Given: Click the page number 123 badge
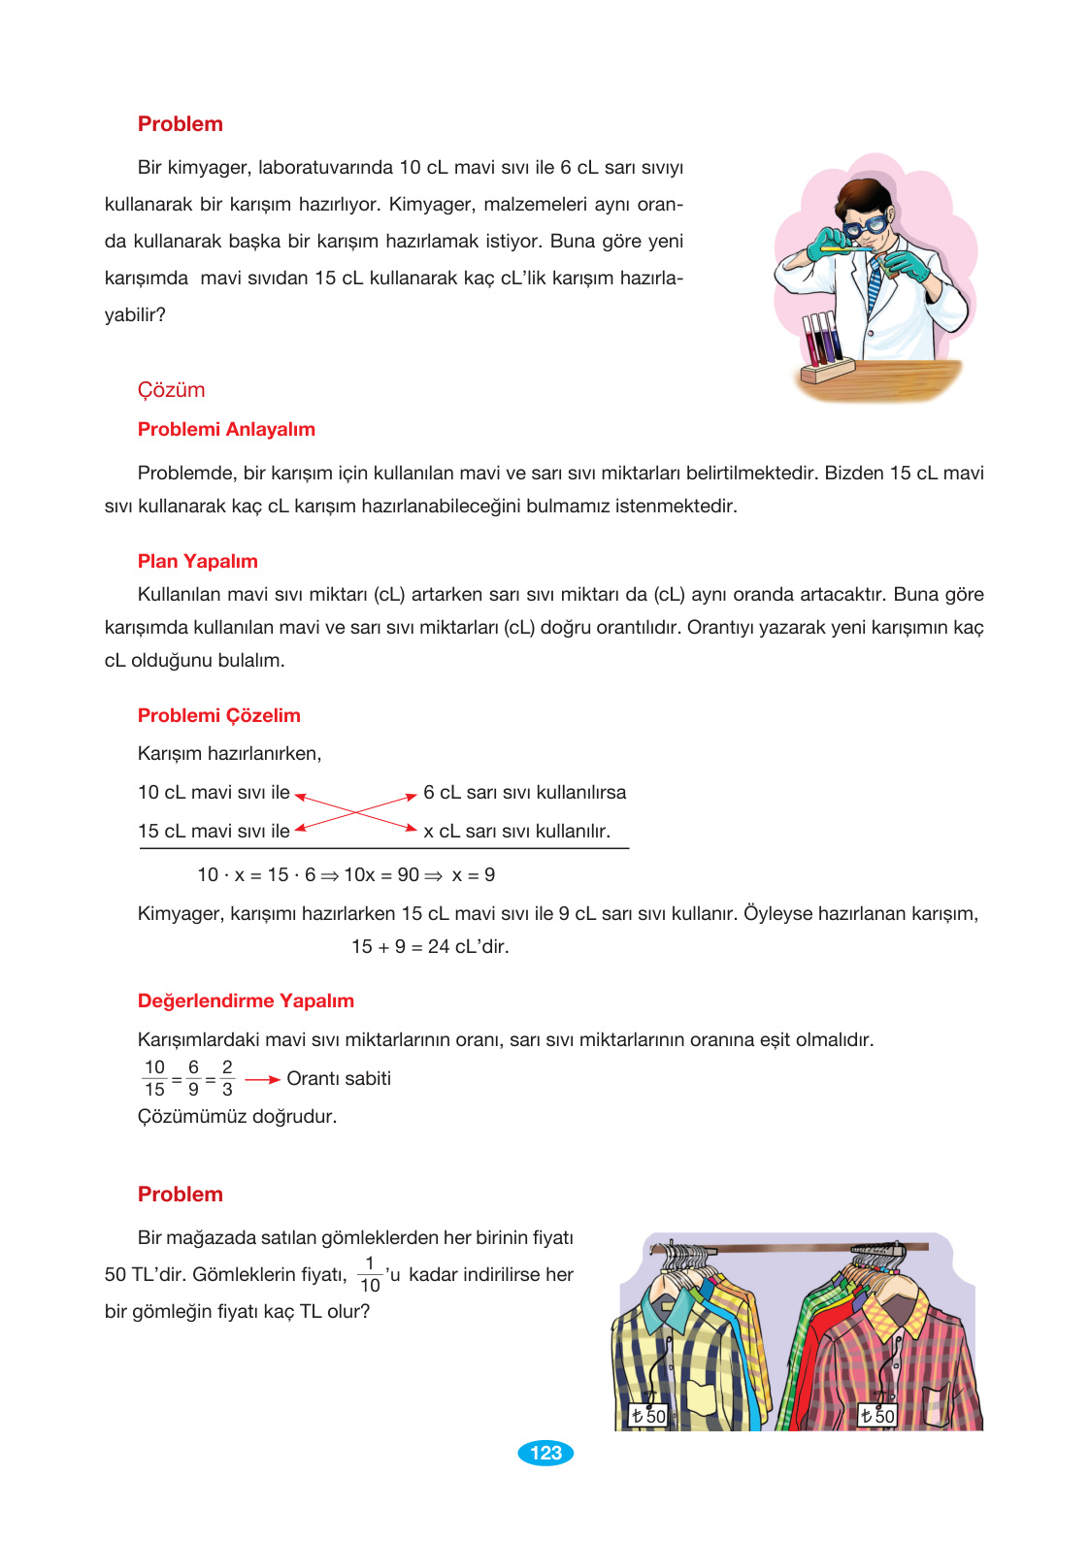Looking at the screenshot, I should pyautogui.click(x=545, y=1453).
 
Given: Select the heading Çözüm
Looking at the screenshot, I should pyautogui.click(x=171, y=390).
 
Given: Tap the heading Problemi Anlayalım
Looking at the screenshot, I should pyautogui.click(x=226, y=429).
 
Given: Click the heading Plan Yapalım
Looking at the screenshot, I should pyautogui.click(x=197, y=561).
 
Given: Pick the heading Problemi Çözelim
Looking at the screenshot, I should pyautogui.click(x=218, y=715).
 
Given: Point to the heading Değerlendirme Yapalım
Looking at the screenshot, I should pyautogui.click(x=246, y=1000).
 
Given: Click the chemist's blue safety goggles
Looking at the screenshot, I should pyautogui.click(x=864, y=226).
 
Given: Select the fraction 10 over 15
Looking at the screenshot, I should pyautogui.click(x=154, y=1078).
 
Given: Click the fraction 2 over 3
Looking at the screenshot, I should pyautogui.click(x=227, y=1078).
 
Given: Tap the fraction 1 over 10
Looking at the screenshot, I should pyautogui.click(x=370, y=1274).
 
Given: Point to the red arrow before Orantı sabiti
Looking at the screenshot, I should pyautogui.click(x=262, y=1079).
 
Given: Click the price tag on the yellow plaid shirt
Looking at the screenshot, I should pyautogui.click(x=648, y=1416).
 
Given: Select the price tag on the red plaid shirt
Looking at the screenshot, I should pyautogui.click(x=877, y=1416).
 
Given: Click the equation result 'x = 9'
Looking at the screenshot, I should pyautogui.click(x=473, y=874).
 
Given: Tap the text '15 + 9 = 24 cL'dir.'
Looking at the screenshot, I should pyautogui.click(x=430, y=946).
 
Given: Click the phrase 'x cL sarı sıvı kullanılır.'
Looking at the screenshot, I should pyautogui.click(x=516, y=831).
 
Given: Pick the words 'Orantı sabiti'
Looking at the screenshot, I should pyautogui.click(x=339, y=1078).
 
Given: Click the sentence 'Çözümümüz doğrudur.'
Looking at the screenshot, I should pyautogui.click(x=237, y=1116).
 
